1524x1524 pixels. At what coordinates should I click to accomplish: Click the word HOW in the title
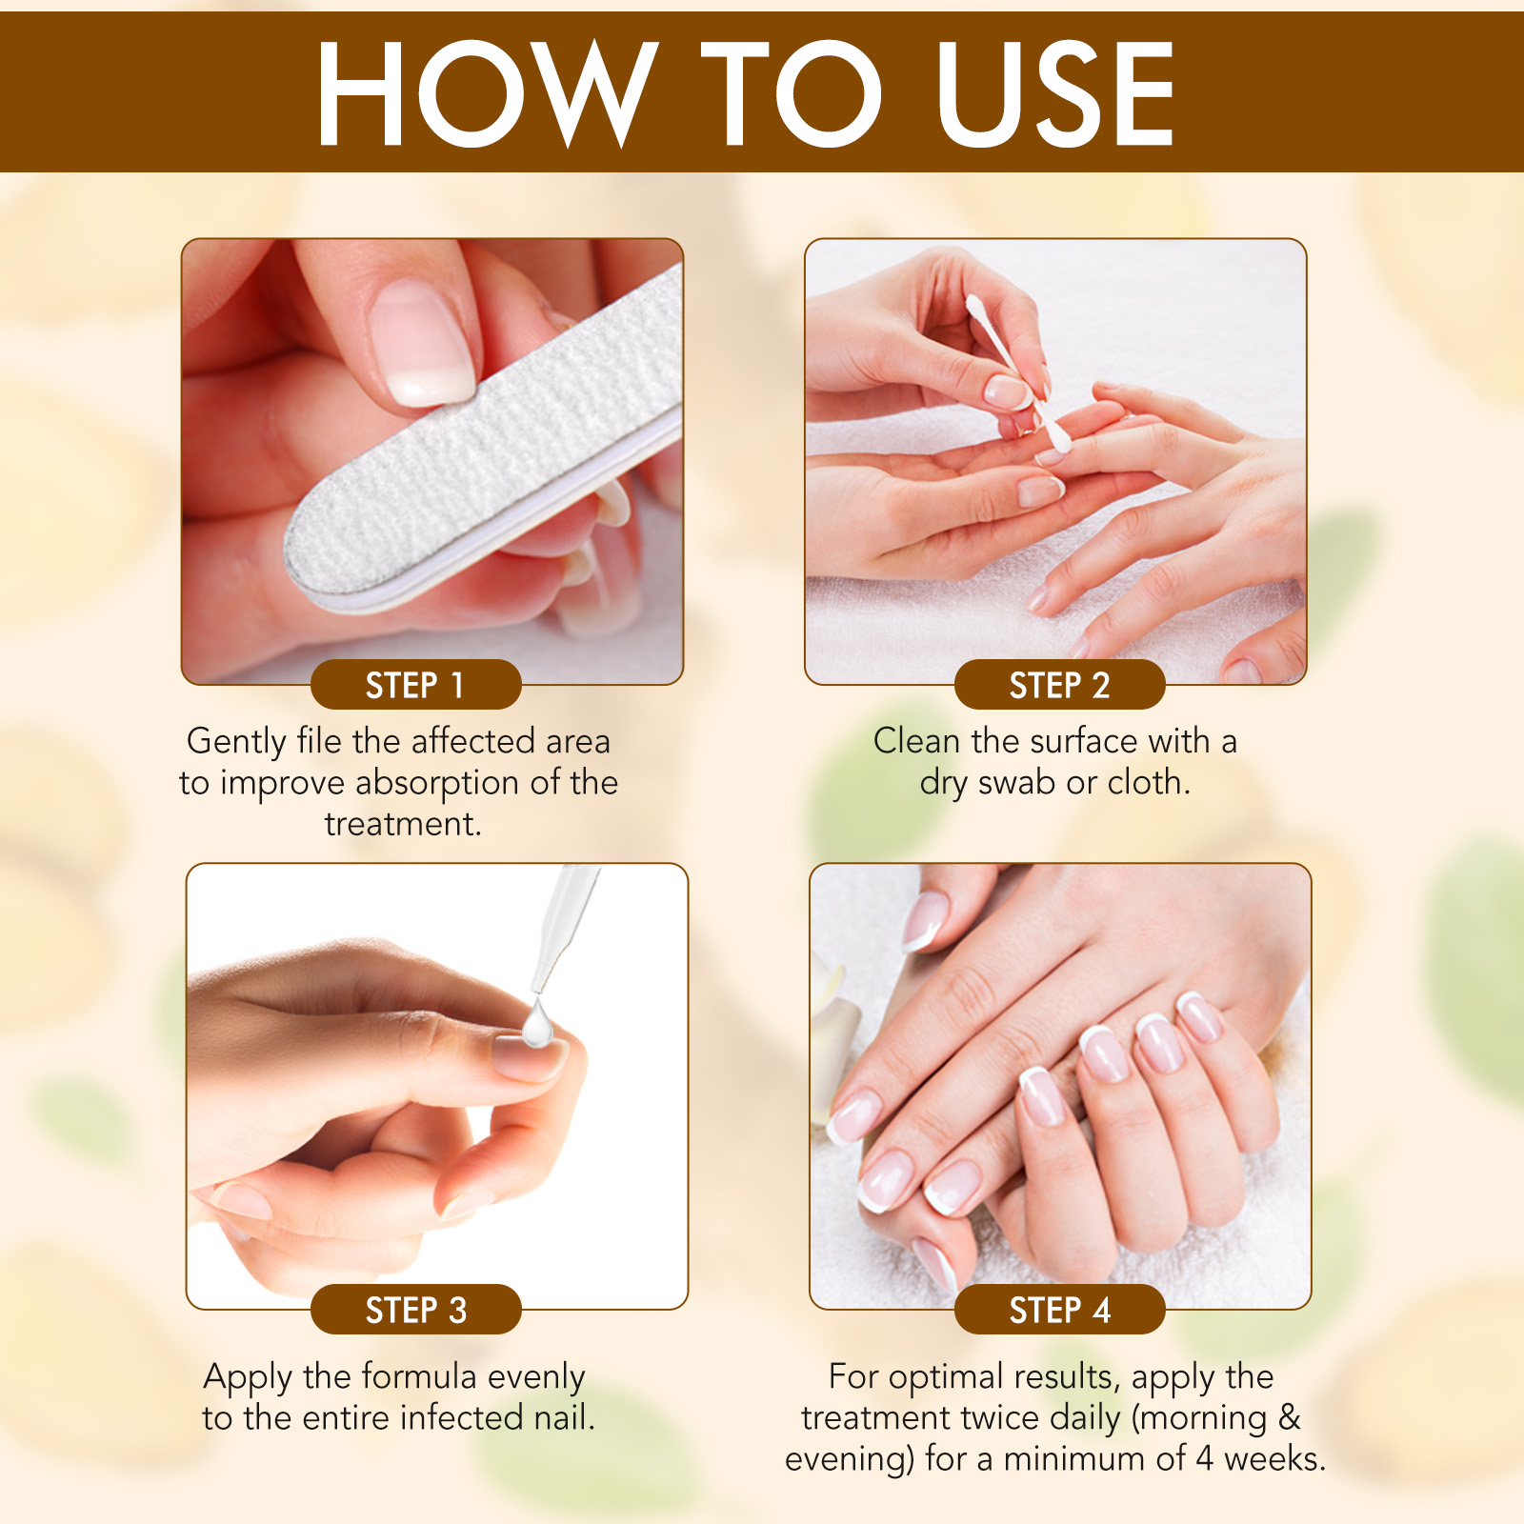pos(486,93)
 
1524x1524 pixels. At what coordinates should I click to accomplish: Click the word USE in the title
pos(1054,93)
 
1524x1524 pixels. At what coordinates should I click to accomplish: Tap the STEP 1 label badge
pos(415,685)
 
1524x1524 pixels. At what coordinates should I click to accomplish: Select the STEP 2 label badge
pos(1059,685)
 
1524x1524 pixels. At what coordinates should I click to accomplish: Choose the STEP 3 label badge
pos(415,1310)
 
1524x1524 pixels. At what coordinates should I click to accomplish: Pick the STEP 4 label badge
pos(1059,1310)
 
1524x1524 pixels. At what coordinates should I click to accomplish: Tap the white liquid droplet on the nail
pos(538,1027)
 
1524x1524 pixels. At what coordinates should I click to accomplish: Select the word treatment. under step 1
pos(403,824)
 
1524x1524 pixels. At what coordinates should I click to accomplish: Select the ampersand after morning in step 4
pos(1290,1418)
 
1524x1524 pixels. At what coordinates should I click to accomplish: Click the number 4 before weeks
pos(1204,1459)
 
